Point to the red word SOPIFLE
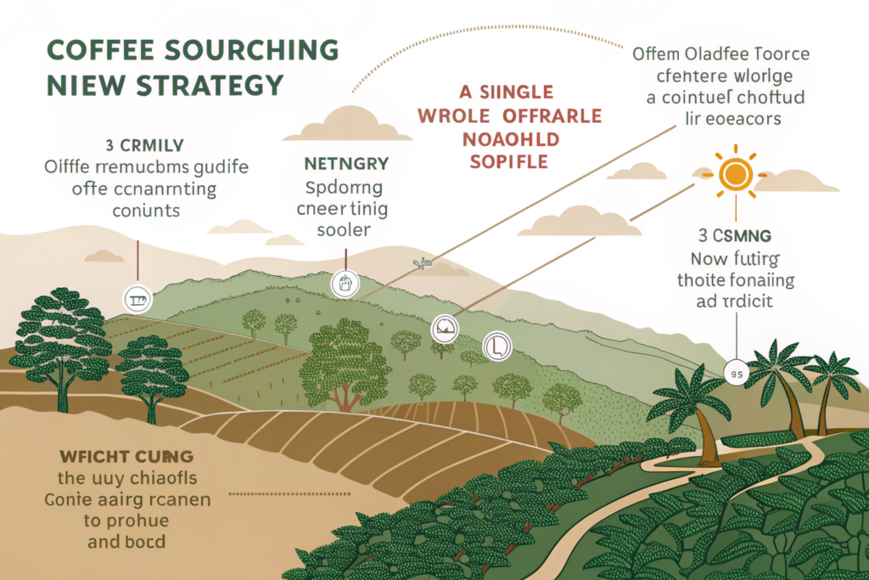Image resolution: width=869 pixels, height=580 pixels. click(508, 160)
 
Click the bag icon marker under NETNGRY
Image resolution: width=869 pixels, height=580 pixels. click(345, 283)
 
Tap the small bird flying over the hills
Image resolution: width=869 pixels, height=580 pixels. click(418, 265)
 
